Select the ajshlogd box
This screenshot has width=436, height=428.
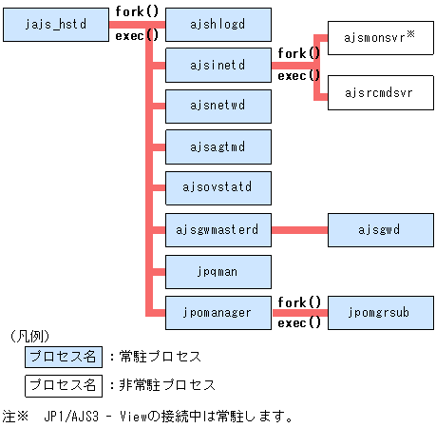click(x=218, y=25)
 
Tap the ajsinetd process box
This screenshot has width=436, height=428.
click(x=218, y=66)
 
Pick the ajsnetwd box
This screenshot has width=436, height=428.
click(x=218, y=107)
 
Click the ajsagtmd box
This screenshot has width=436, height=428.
click(x=218, y=147)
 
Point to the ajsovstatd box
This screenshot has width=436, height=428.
click(x=218, y=188)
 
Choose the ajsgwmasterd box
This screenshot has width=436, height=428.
click(x=218, y=229)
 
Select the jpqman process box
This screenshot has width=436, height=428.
click(x=218, y=270)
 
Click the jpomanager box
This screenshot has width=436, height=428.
click(x=218, y=311)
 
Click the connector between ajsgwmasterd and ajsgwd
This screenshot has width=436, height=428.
click(x=299, y=229)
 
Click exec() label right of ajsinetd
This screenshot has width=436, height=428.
click(x=298, y=75)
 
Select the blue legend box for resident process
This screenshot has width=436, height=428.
click(x=63, y=358)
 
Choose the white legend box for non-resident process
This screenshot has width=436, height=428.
click(x=63, y=385)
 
